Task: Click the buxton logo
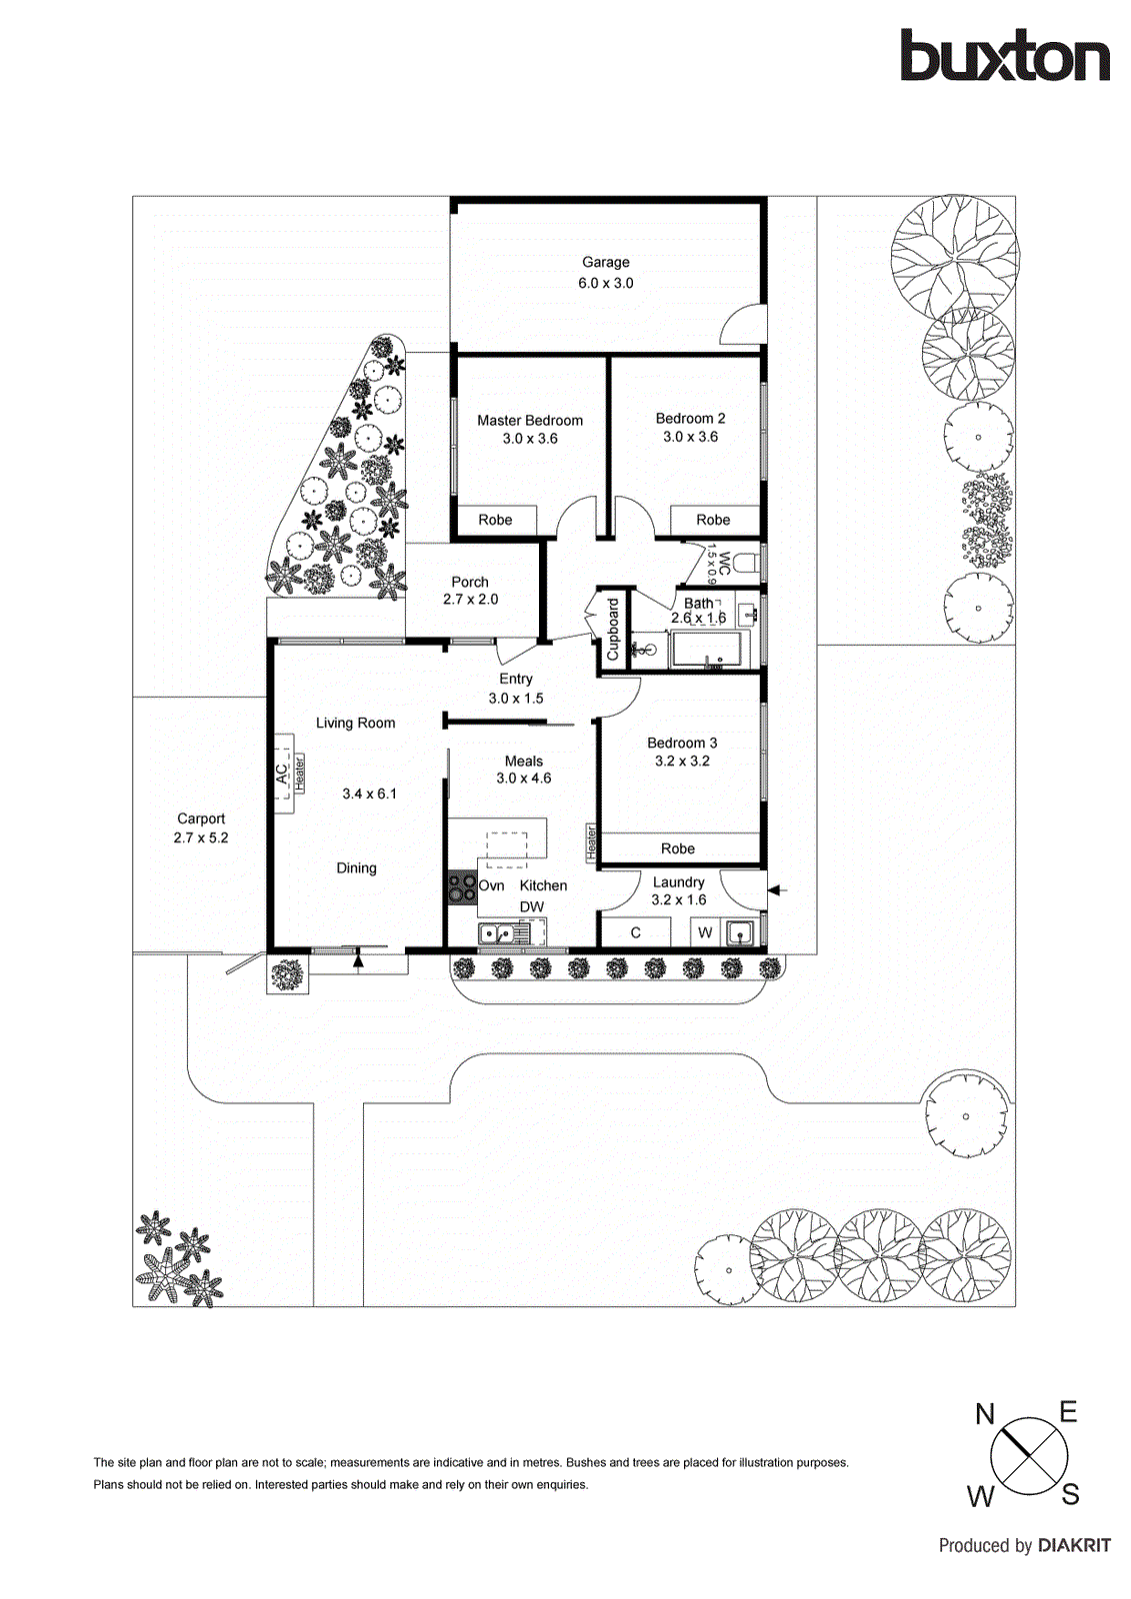pyautogui.click(x=1004, y=56)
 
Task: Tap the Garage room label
pyautogui.click(x=605, y=262)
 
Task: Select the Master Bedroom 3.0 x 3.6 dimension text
pyautogui.click(x=530, y=439)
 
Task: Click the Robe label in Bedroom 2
pyautogui.click(x=713, y=520)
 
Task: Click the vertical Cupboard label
pyautogui.click(x=613, y=630)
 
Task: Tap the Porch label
pyautogui.click(x=470, y=582)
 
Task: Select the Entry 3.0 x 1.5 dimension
pyautogui.click(x=516, y=699)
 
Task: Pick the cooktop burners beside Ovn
pyautogui.click(x=461, y=887)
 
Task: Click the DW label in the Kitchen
pyautogui.click(x=532, y=907)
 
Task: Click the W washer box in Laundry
pyautogui.click(x=705, y=932)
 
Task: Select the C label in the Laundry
pyautogui.click(x=635, y=932)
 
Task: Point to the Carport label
pyautogui.click(x=201, y=818)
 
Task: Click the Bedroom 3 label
pyautogui.click(x=682, y=743)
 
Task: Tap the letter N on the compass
pyautogui.click(x=985, y=1414)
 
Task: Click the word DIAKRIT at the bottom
pyautogui.click(x=1074, y=1545)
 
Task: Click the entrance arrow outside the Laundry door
pyautogui.click(x=778, y=889)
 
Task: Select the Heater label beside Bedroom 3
pyautogui.click(x=591, y=842)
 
